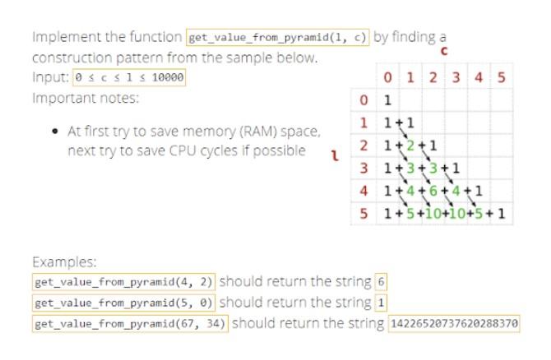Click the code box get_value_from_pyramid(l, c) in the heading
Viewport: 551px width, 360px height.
(278, 37)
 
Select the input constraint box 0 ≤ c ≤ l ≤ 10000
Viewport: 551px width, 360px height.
(129, 79)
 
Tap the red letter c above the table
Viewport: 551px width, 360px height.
(445, 53)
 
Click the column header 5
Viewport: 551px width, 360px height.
(501, 80)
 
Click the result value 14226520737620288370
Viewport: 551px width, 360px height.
(454, 323)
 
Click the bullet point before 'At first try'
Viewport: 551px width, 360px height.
(54, 131)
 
